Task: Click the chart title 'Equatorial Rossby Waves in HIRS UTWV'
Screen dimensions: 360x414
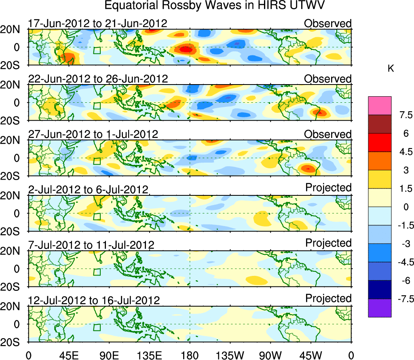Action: point(215,6)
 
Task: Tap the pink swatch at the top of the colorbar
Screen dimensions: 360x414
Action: point(380,106)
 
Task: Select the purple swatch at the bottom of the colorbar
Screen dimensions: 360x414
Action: point(380,308)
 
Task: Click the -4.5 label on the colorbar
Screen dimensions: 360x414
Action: point(402,263)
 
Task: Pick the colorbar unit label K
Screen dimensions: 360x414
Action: point(391,69)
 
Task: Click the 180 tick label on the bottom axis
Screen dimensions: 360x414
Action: point(190,355)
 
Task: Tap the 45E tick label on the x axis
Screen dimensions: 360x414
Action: point(69,355)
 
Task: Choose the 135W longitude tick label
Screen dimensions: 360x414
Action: point(230,355)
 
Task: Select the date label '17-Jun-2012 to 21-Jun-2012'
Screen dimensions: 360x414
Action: point(97,23)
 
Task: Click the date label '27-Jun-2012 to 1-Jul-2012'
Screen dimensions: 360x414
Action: point(93,134)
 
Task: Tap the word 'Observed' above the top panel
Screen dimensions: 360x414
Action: point(328,23)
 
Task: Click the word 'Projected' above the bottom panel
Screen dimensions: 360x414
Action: point(328,298)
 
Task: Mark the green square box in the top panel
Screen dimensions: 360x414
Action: point(97,51)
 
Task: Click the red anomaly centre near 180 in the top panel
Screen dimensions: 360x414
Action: point(186,49)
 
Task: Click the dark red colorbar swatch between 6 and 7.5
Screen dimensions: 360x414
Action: point(380,124)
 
